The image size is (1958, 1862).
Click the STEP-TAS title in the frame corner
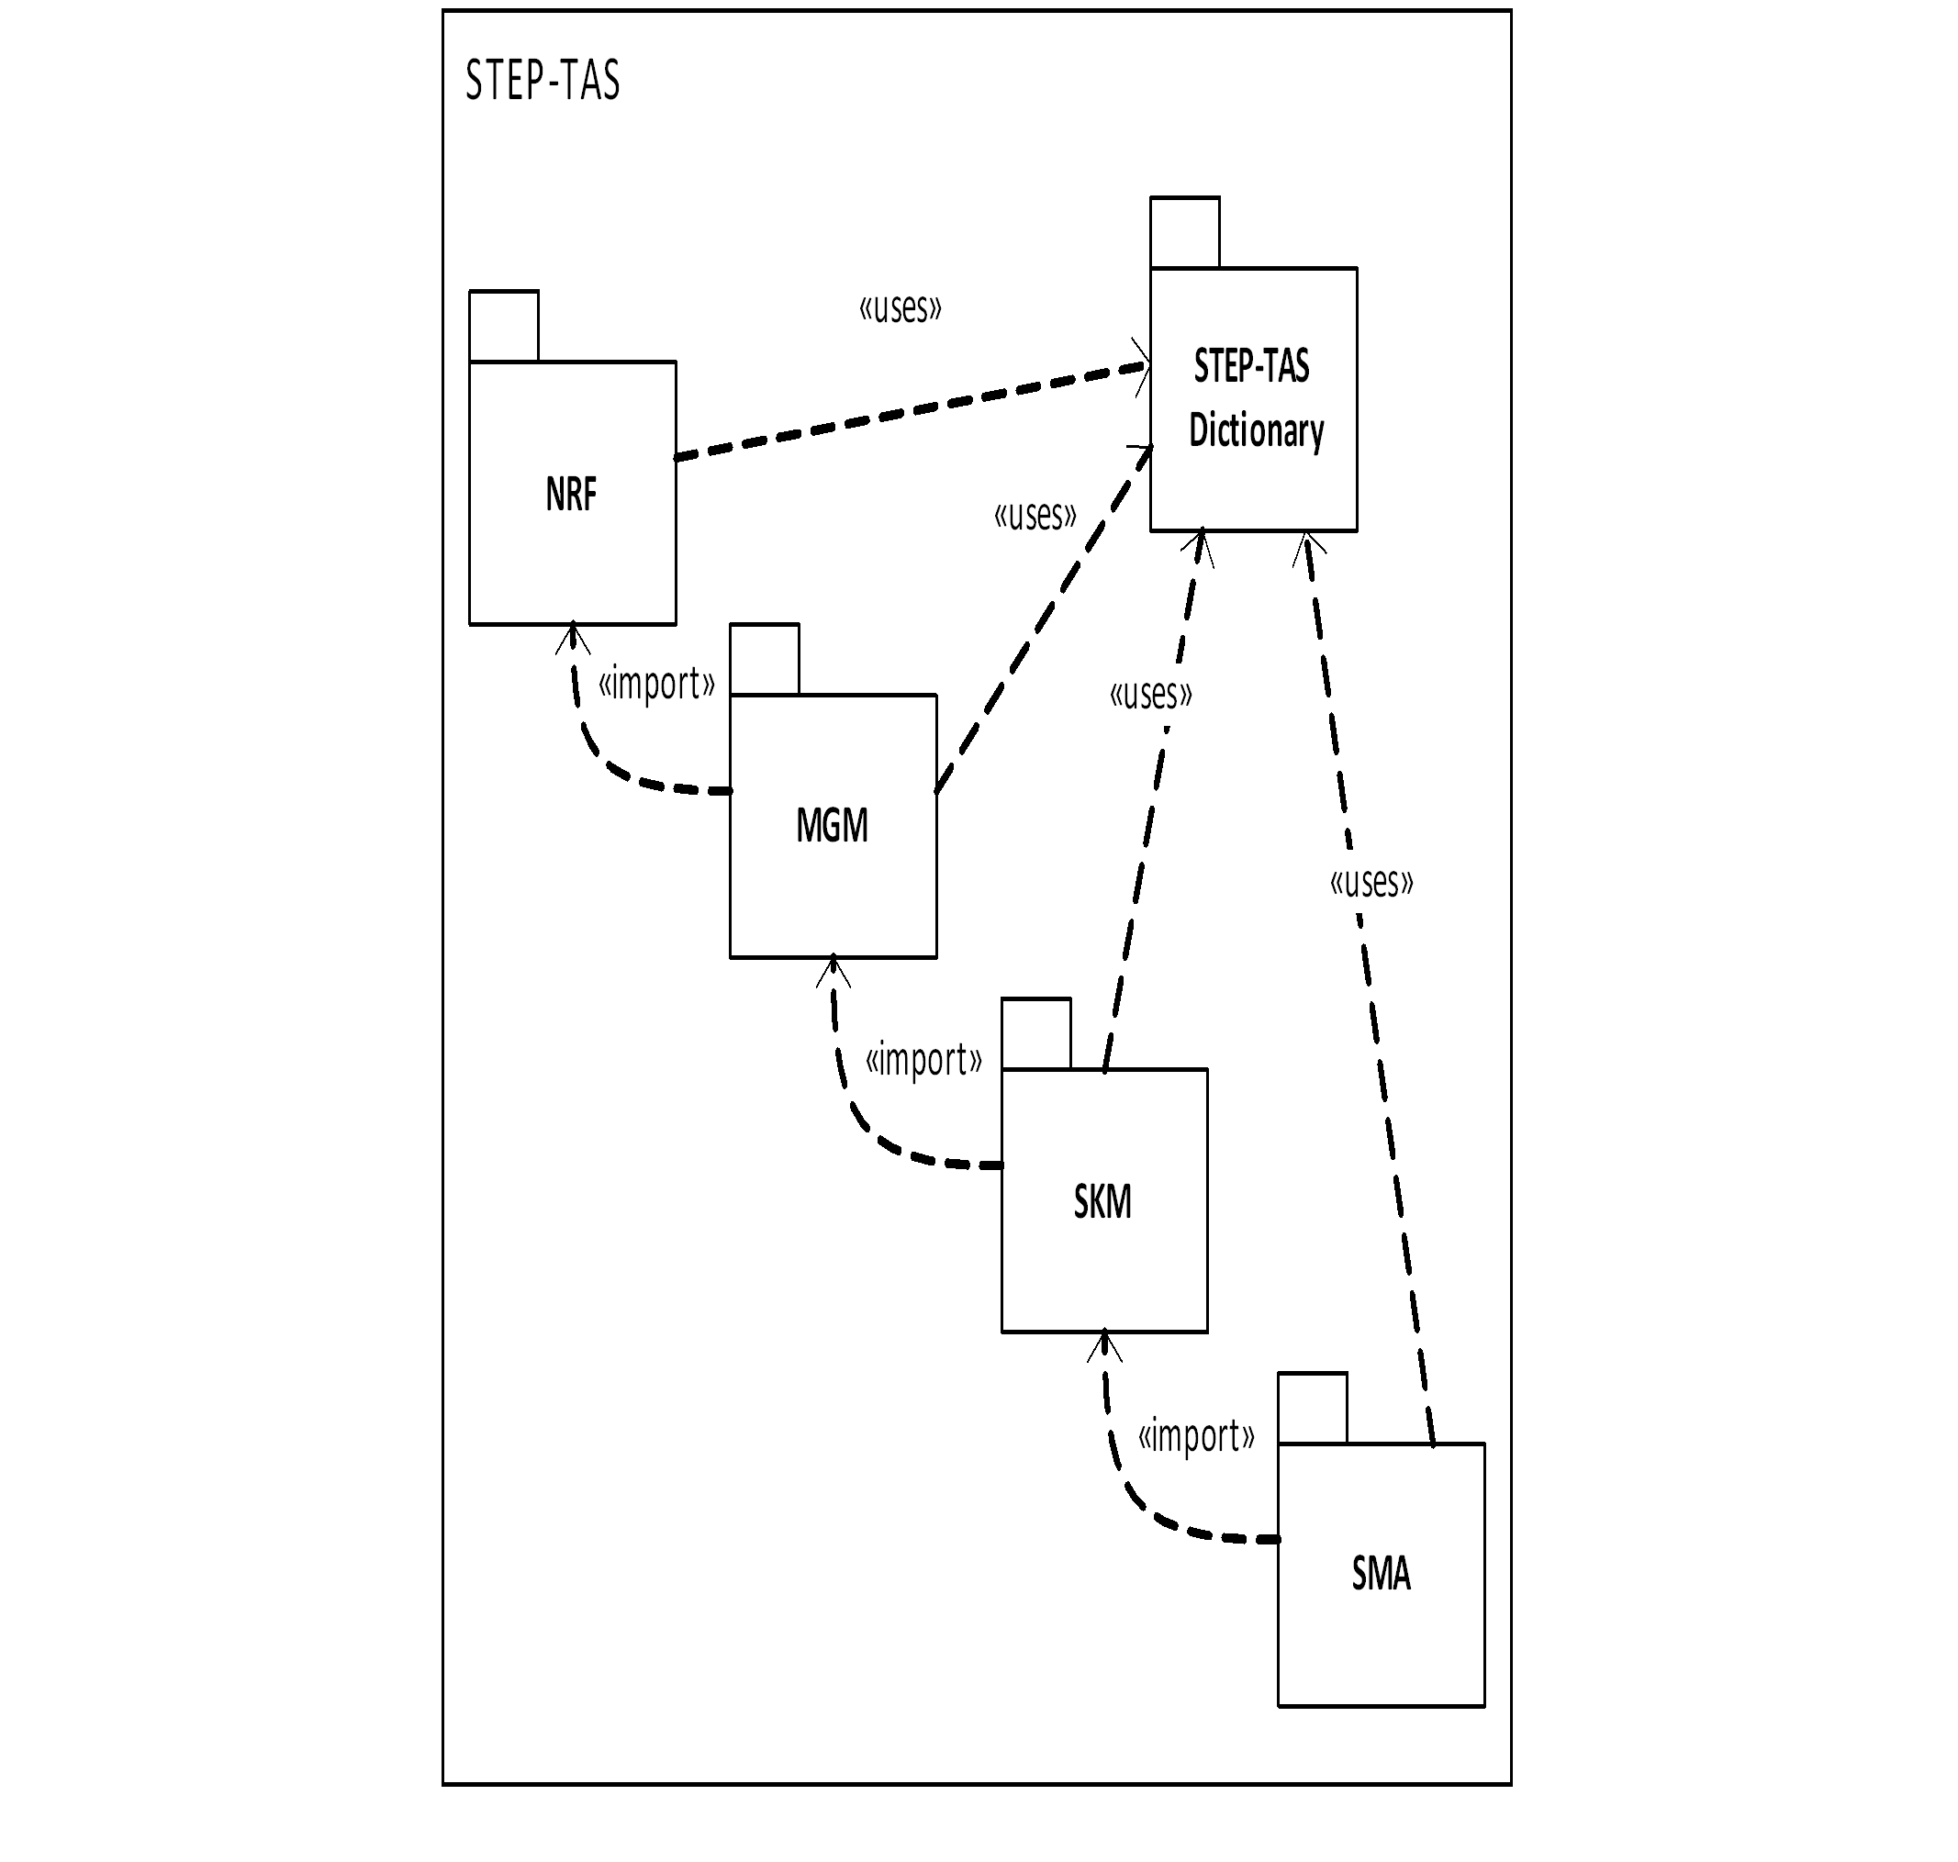tap(543, 81)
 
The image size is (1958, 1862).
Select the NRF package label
tap(571, 495)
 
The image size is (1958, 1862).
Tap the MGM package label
tap(832, 826)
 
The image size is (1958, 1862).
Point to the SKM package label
tap(1102, 1202)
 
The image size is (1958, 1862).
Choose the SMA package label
tap(1380, 1573)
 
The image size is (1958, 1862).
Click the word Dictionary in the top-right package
tap(1256, 430)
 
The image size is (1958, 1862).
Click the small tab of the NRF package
tap(503, 326)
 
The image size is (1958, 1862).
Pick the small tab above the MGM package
tap(764, 659)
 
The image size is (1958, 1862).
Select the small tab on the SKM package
tap(1035, 1033)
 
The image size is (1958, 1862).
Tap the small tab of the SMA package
tap(1312, 1408)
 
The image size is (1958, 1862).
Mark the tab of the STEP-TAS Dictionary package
tap(1184, 232)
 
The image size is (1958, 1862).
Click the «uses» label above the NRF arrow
tap(900, 307)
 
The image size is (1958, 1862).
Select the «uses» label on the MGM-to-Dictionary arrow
tap(1035, 515)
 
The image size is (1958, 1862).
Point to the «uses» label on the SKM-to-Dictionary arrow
tap(1150, 694)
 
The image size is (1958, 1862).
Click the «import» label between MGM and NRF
tap(655, 684)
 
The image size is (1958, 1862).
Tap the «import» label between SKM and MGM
tap(923, 1059)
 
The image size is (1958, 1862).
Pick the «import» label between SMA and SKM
tap(1195, 1435)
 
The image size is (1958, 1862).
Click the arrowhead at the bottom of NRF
tap(573, 637)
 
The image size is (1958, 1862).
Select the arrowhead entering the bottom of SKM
tap(1104, 1346)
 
